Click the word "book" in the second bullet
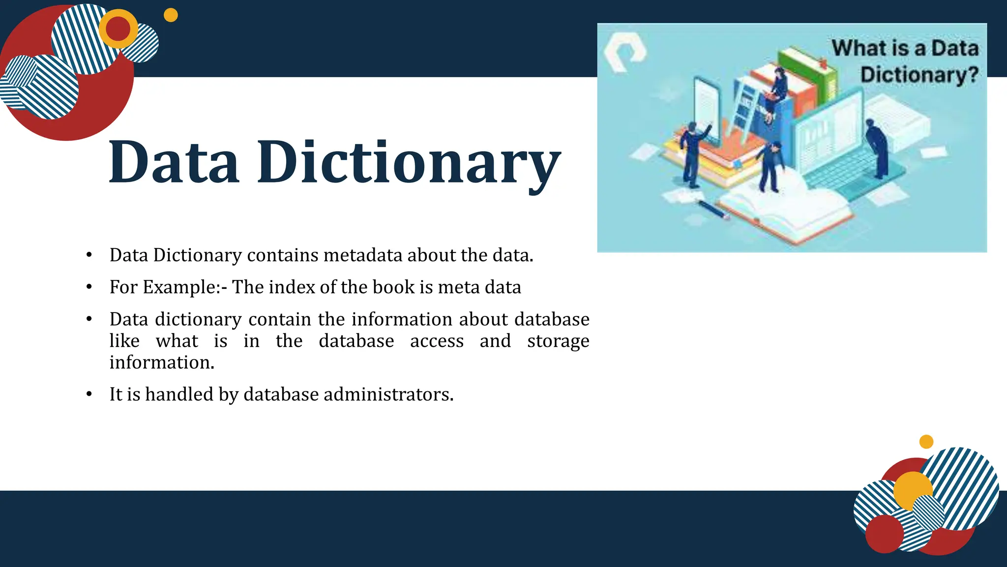(397, 287)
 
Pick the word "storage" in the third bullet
(558, 341)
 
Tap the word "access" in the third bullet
(437, 341)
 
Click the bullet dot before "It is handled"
(89, 394)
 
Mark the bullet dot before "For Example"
(89, 287)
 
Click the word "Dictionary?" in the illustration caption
(919, 75)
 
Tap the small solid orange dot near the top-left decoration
(171, 15)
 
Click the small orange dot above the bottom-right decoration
(926, 441)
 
